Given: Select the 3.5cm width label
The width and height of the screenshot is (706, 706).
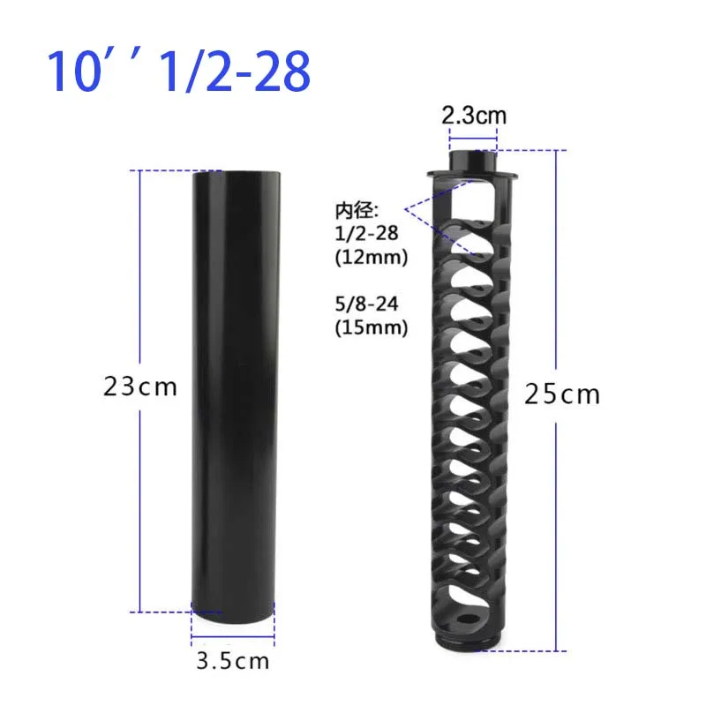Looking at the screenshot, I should pyautogui.click(x=233, y=660).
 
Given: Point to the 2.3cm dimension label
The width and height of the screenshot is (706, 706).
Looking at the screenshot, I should pyautogui.click(x=474, y=116).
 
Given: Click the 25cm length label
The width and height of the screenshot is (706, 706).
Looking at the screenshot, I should pyautogui.click(x=561, y=394).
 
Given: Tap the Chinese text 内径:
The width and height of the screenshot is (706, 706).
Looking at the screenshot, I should pyautogui.click(x=356, y=210).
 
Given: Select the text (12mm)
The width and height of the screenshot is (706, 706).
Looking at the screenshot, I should pyautogui.click(x=370, y=259).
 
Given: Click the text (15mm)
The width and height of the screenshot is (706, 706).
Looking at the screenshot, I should pyautogui.click(x=370, y=328).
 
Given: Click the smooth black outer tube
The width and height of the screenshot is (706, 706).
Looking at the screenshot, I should pyautogui.click(x=233, y=388).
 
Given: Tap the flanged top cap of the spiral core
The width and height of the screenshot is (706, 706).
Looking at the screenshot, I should pyautogui.click(x=473, y=168).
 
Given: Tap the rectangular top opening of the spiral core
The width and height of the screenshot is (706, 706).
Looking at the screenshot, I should pyautogui.click(x=474, y=199).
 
